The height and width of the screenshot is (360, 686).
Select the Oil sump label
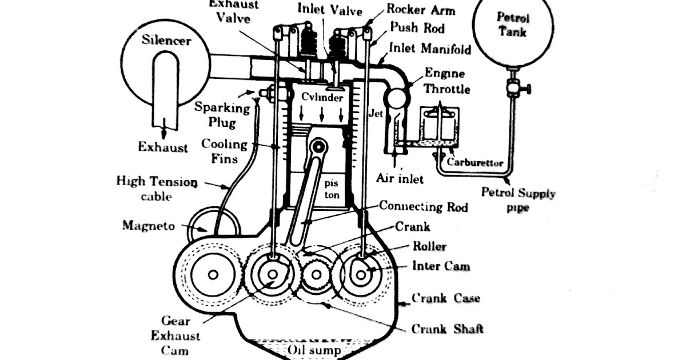pos(313,349)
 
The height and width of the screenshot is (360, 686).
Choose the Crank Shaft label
pos(447,329)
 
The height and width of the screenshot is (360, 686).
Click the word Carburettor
pos(475,163)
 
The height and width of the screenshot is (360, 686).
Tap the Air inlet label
pos(400,179)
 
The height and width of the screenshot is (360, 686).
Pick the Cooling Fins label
pos(224,151)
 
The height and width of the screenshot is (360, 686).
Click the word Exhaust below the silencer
pos(163,147)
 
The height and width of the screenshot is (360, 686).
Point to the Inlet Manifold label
pos(430,49)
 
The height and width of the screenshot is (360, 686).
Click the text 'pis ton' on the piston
pos(332,189)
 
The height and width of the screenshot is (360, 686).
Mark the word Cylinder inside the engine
pos(322,97)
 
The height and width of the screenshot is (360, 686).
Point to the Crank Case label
pos(446,298)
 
